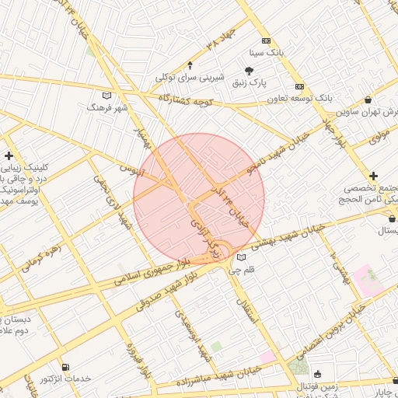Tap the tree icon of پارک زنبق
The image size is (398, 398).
coord(249,71)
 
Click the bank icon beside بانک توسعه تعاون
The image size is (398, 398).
coord(299,86)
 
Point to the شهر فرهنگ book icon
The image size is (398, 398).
coord(107,95)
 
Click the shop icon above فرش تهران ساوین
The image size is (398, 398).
coord(368,99)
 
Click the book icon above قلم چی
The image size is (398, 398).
coord(241,258)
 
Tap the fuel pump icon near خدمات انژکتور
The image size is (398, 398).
coord(65,366)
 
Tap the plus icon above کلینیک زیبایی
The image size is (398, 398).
coord(9,155)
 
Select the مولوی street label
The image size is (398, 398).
coord(379,135)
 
